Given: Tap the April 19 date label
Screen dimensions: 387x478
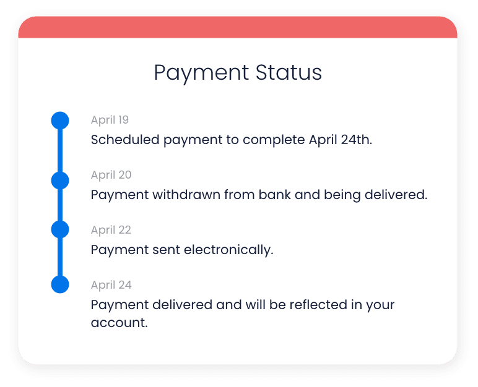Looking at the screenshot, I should [x=110, y=120].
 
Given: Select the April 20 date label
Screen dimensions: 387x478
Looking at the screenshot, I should [x=111, y=175].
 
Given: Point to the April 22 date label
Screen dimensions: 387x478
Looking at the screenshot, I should [x=111, y=230].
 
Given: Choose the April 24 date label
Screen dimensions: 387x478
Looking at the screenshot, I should [x=111, y=285].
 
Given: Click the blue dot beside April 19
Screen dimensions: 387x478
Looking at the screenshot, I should [x=59, y=120].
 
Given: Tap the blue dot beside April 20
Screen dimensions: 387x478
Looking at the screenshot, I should [x=59, y=180].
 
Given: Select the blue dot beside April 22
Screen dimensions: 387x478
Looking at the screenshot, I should [x=59, y=229].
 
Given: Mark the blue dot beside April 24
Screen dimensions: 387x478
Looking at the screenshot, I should [x=59, y=284].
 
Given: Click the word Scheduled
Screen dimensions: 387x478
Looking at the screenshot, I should [x=125, y=140].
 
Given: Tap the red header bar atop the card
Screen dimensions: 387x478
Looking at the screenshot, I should [x=238, y=27].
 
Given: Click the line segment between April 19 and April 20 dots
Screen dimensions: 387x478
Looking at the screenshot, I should [x=59, y=150].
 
